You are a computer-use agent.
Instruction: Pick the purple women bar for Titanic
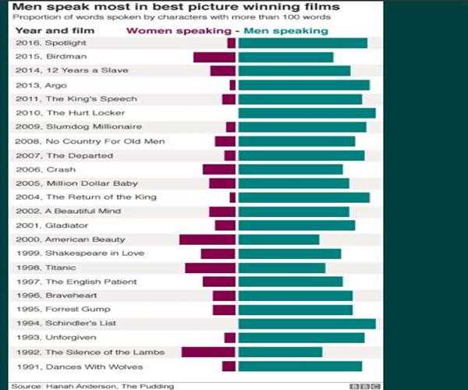pos(210,268)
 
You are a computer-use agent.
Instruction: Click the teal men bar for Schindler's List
pos(307,324)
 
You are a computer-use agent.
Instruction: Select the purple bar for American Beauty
pos(207,239)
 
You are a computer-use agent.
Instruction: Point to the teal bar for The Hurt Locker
pos(307,113)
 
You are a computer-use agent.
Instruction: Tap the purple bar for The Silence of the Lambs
pos(208,352)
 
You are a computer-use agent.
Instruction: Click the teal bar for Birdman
pos(285,57)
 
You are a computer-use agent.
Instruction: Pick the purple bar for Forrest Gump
pos(224,310)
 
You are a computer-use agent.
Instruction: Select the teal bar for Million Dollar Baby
pos(293,183)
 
